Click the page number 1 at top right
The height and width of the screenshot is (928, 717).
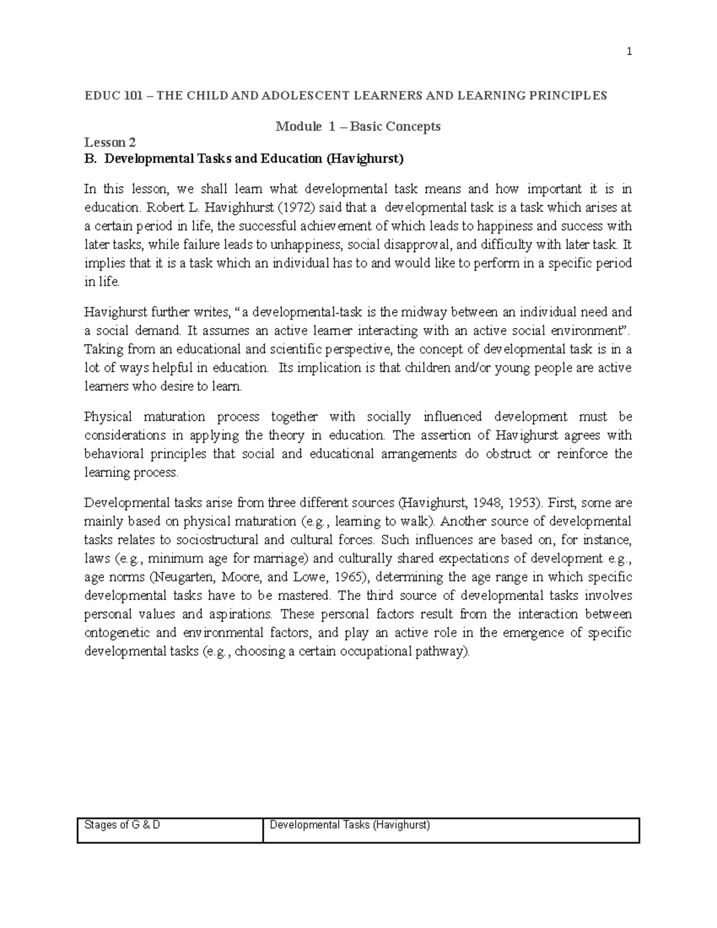click(629, 52)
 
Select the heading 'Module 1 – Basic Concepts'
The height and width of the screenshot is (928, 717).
click(358, 127)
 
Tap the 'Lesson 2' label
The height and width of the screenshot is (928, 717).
click(110, 142)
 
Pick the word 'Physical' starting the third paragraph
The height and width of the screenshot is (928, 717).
click(108, 416)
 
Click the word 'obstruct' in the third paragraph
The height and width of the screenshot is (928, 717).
click(508, 454)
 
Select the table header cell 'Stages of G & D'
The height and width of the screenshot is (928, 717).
click(122, 826)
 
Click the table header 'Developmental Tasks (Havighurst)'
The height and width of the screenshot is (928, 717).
click(350, 826)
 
